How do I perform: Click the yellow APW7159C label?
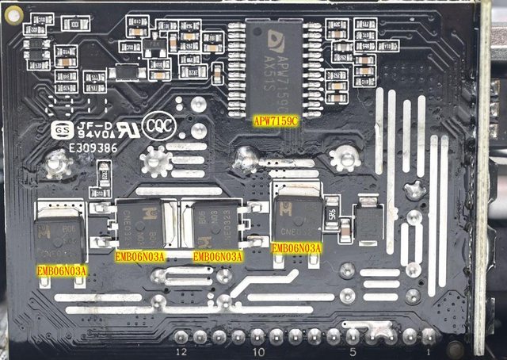pos(276,121)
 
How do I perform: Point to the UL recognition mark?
pos(124,128)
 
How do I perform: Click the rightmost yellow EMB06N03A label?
pos(296,248)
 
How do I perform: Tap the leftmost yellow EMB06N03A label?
pos(62,270)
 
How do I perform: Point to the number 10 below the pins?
pos(257,350)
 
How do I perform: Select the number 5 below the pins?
pos(353,350)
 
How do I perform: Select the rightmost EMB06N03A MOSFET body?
pos(296,213)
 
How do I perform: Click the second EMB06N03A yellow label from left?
pos(140,256)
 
